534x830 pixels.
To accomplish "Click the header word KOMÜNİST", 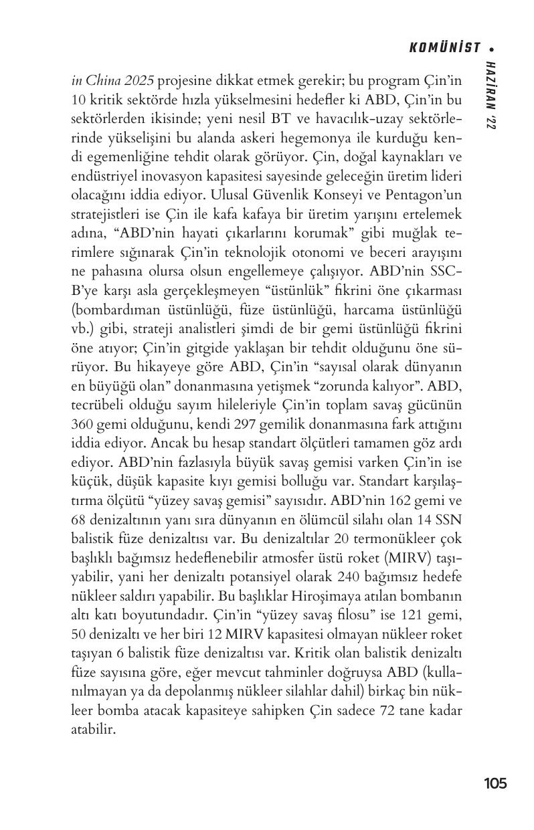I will point(444,47).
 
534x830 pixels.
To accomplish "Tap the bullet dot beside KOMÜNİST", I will point(493,48).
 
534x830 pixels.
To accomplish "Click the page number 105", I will point(495,783).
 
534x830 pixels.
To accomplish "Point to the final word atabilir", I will point(94,730).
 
